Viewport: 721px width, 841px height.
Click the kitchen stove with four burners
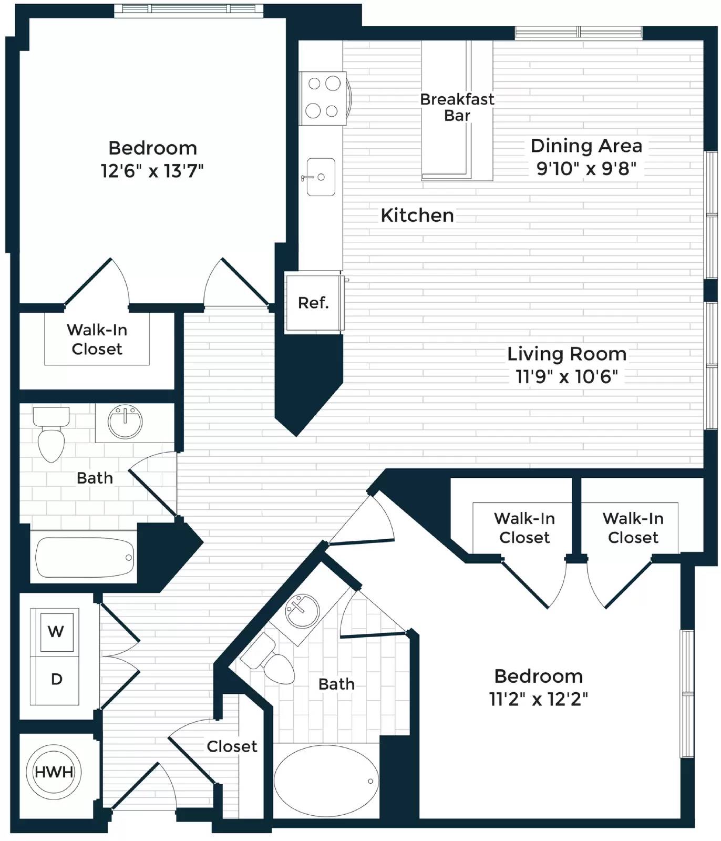pyautogui.click(x=323, y=98)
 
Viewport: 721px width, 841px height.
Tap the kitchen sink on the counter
pyautogui.click(x=321, y=177)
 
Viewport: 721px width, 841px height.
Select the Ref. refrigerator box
pyautogui.click(x=314, y=302)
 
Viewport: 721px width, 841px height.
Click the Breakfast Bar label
pyautogui.click(x=457, y=107)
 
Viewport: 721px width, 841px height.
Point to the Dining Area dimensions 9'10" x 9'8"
pyautogui.click(x=586, y=169)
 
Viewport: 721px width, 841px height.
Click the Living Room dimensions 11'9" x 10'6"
pyautogui.click(x=566, y=377)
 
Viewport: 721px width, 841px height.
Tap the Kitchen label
pyautogui.click(x=417, y=216)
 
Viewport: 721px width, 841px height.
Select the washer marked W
pyautogui.click(x=56, y=631)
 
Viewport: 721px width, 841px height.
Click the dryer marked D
pyautogui.click(x=56, y=680)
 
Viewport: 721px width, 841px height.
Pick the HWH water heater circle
pyautogui.click(x=54, y=772)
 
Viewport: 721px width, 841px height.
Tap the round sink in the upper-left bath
pyautogui.click(x=125, y=422)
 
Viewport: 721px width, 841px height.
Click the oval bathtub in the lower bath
pyautogui.click(x=326, y=781)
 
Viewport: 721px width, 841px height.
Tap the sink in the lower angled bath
pyautogui.click(x=302, y=611)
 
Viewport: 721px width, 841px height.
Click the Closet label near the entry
pyautogui.click(x=232, y=746)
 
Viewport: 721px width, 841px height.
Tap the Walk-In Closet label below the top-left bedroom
pyautogui.click(x=97, y=340)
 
